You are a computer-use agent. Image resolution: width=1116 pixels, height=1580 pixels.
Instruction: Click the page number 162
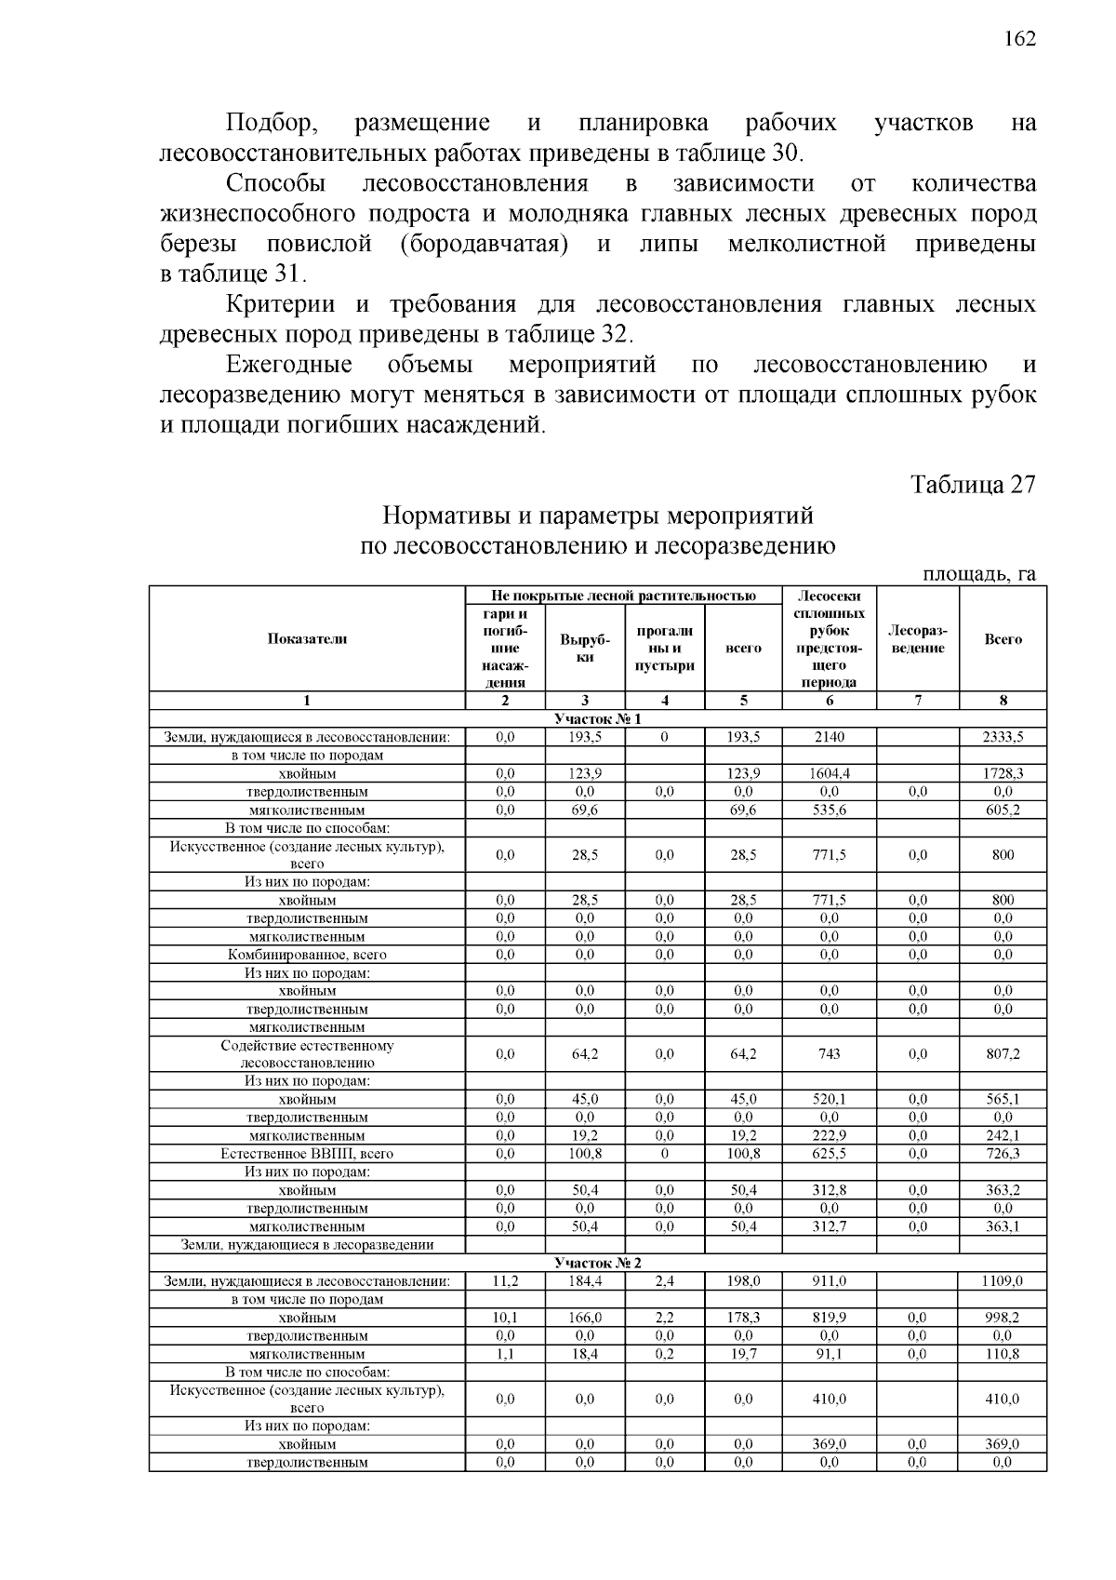click(x=1019, y=39)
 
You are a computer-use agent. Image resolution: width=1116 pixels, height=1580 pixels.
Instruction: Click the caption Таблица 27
click(x=973, y=485)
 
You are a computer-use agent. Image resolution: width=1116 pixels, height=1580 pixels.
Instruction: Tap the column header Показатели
click(x=307, y=638)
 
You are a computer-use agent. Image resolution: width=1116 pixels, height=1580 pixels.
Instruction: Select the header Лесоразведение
click(x=917, y=639)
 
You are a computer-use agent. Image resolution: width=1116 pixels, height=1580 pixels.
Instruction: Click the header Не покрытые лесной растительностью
click(x=623, y=596)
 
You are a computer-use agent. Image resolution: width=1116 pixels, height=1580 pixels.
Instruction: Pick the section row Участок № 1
click(x=597, y=719)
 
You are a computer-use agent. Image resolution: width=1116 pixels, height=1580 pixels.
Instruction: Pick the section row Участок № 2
click(x=597, y=1263)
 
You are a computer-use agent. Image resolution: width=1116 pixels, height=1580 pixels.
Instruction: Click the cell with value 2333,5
click(x=1003, y=737)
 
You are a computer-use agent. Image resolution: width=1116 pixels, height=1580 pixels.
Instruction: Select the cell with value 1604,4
click(x=829, y=773)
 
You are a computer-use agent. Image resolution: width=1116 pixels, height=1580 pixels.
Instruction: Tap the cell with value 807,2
click(x=1003, y=1054)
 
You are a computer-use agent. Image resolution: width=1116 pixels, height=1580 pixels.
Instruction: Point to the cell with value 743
click(x=829, y=1054)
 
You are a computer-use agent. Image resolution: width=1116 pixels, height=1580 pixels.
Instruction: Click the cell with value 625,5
click(x=829, y=1154)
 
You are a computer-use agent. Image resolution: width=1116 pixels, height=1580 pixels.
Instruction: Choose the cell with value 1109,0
click(x=1003, y=1281)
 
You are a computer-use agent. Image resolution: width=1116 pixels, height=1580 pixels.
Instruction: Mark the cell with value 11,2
click(x=505, y=1281)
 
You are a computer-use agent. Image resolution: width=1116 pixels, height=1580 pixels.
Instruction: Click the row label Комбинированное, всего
click(x=307, y=955)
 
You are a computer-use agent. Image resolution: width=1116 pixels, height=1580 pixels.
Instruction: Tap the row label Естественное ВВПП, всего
click(x=307, y=1154)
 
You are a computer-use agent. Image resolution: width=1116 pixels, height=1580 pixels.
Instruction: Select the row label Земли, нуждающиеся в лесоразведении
click(x=307, y=1245)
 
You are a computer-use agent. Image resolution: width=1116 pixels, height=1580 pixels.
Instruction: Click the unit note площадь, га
click(x=978, y=574)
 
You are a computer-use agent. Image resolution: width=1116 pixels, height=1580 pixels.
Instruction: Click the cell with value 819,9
click(x=829, y=1318)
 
